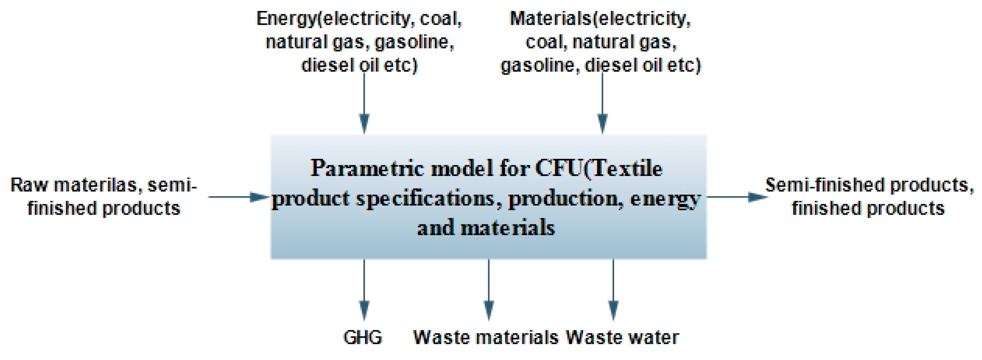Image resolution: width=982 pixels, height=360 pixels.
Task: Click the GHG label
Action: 362,337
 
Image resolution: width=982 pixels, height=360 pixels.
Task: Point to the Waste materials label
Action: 486,337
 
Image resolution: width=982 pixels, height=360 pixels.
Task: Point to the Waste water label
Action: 622,337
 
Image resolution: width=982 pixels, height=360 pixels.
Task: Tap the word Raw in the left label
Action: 29,185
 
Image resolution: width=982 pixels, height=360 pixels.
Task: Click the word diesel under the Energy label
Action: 327,66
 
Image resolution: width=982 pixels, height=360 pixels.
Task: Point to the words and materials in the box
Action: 486,228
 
